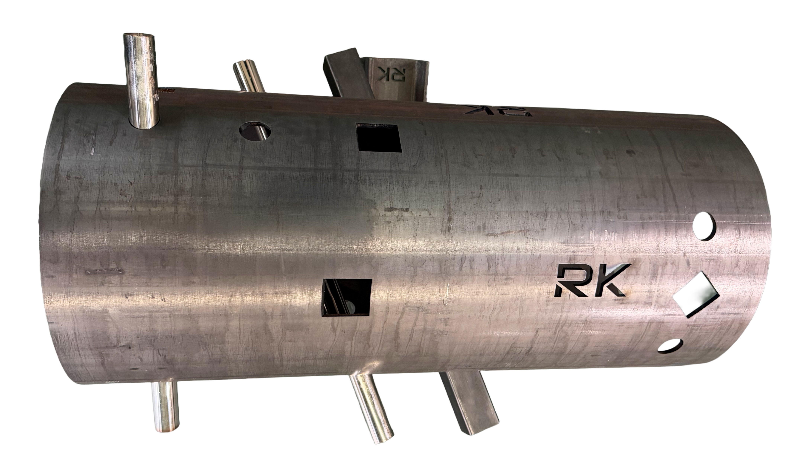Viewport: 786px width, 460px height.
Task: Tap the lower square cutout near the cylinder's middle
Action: point(347,297)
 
